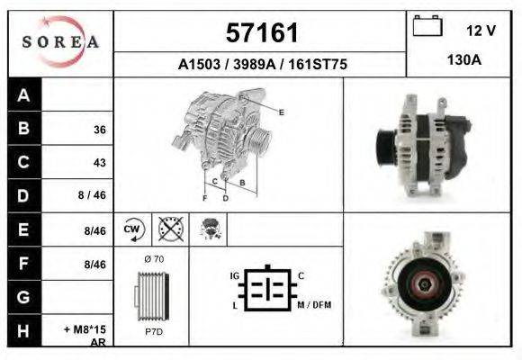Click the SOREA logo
pyautogui.click(x=60, y=41)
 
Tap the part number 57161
pyautogui.click(x=262, y=33)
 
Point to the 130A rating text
pyautogui.click(x=464, y=60)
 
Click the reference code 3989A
pyautogui.click(x=255, y=64)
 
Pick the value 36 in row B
pyautogui.click(x=100, y=130)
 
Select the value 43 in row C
pyautogui.click(x=100, y=163)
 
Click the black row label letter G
pyautogui.click(x=23, y=297)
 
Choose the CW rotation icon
pyautogui.click(x=133, y=229)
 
